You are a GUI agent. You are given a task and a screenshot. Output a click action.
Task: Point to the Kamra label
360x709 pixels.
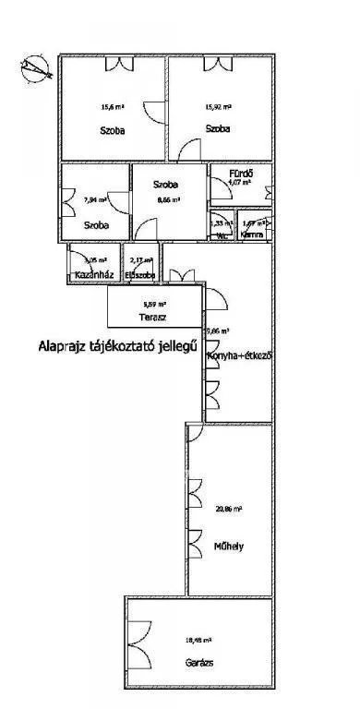(x=252, y=235)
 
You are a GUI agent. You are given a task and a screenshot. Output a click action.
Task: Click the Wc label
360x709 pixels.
(x=222, y=235)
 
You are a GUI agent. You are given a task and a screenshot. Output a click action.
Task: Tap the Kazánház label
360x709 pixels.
(x=90, y=275)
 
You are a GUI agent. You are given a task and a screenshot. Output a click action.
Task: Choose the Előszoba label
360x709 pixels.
(x=141, y=275)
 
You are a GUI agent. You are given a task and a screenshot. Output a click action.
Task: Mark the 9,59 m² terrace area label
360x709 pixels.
(x=154, y=304)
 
